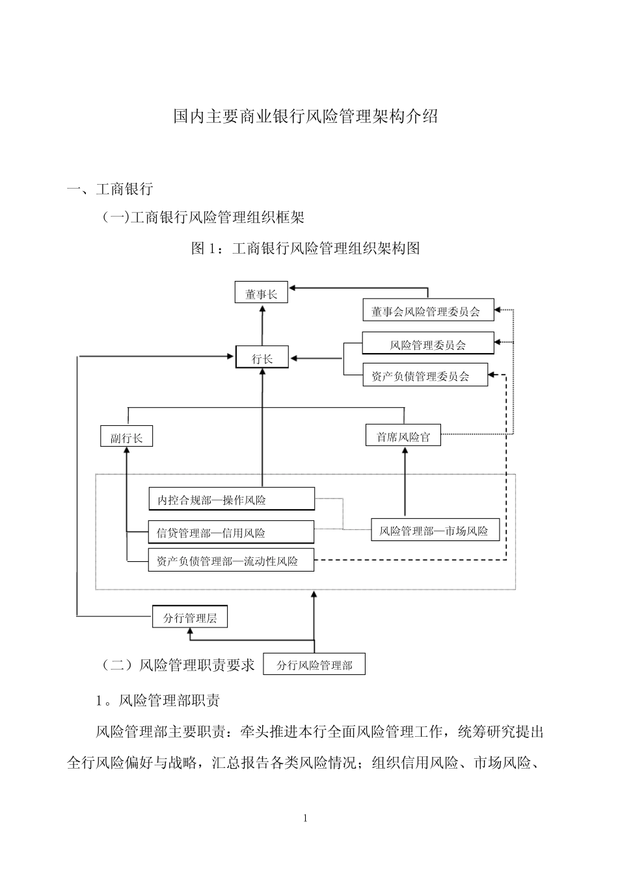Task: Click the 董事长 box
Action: tap(261, 294)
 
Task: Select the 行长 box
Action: tap(262, 358)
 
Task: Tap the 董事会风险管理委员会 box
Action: tap(428, 311)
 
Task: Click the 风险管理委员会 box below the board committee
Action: tap(427, 344)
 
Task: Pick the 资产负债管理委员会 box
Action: tap(425, 375)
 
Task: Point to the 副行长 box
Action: tap(126, 437)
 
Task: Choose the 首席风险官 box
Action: tap(403, 436)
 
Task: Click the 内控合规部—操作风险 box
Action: tap(232, 499)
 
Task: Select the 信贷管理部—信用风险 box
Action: tap(232, 533)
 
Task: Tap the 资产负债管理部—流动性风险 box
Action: tap(232, 561)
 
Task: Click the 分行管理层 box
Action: tap(190, 616)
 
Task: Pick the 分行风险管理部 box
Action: tap(314, 665)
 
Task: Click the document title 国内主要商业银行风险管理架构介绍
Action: tap(306, 117)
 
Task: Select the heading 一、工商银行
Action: tap(110, 189)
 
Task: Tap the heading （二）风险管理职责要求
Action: tap(177, 665)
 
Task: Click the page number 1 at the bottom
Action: tap(305, 818)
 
